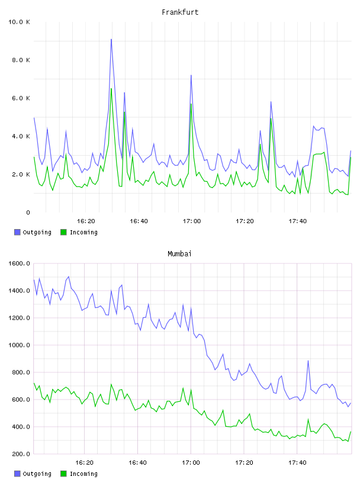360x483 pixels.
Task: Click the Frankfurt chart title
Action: coord(180,12)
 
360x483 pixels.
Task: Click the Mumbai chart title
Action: coord(179,254)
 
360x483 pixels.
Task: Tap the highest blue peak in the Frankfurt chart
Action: coord(111,40)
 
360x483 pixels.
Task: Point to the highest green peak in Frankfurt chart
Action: coord(111,89)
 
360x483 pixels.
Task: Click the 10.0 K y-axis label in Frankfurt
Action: coord(19,22)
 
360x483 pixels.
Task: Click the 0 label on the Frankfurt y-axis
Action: coord(28,212)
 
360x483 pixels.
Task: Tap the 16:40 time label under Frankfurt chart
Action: coord(139,221)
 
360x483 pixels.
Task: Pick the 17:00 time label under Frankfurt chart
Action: coord(192,221)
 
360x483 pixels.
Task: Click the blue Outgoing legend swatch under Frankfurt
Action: coord(17,232)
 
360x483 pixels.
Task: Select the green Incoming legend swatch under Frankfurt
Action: coord(63,232)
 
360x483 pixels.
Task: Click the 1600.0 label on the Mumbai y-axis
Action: coord(19,263)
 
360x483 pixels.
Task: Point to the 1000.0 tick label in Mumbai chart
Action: coord(19,345)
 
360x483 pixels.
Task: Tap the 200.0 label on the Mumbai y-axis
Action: coord(21,454)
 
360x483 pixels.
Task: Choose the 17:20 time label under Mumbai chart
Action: coord(244,463)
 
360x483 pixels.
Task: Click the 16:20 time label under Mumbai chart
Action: coord(85,463)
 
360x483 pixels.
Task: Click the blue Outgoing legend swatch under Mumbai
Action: coord(17,474)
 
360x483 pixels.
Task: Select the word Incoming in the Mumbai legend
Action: coord(83,474)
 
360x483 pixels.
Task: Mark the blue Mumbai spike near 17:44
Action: coord(308,360)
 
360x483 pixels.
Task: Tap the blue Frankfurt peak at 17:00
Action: coord(191,75)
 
